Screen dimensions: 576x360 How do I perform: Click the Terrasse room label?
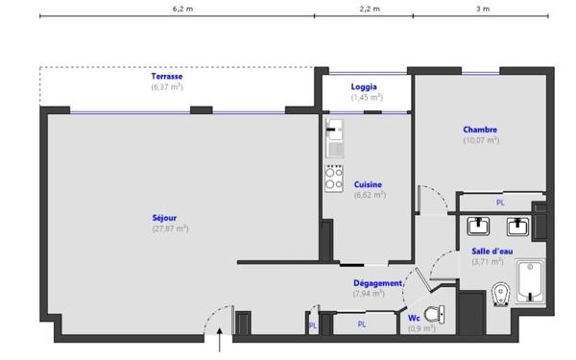[167, 77]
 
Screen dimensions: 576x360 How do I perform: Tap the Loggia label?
[364, 86]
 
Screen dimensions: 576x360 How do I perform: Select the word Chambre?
[480, 130]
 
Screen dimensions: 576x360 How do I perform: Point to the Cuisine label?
[368, 184]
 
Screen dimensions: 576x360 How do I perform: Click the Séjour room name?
[164, 218]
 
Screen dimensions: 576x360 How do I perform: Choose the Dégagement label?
[377, 283]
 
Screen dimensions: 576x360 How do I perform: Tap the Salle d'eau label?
[492, 252]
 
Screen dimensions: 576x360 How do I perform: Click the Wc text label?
[414, 318]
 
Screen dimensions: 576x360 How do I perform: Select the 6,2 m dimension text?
[182, 9]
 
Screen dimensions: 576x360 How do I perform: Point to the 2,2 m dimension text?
[370, 9]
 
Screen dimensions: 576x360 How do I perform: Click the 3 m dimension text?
[483, 9]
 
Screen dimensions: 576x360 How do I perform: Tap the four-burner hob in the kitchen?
[334, 179]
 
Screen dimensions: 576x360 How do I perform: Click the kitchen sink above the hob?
[335, 138]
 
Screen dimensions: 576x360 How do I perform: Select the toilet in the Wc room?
[434, 315]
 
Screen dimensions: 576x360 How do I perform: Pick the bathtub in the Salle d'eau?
[530, 281]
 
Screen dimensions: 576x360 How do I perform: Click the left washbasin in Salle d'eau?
[478, 227]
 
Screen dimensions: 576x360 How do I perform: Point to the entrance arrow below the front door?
[220, 340]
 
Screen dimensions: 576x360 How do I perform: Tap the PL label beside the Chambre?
[500, 203]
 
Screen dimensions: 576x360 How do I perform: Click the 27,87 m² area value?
[171, 228]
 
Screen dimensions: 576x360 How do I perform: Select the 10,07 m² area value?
[481, 140]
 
